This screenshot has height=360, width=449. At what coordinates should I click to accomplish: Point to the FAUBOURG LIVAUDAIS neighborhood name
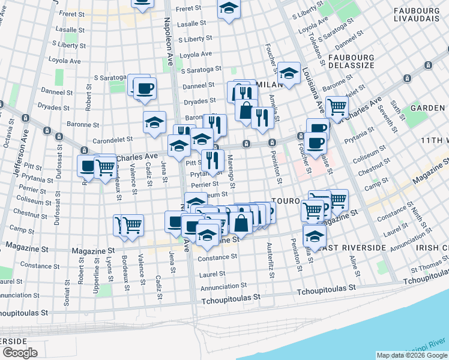pos(420,16)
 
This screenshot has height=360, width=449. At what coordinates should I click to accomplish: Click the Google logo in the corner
pos(20,353)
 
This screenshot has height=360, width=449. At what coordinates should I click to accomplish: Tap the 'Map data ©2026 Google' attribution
pos(412,355)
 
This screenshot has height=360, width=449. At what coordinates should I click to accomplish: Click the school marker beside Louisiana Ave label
pos(289,74)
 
